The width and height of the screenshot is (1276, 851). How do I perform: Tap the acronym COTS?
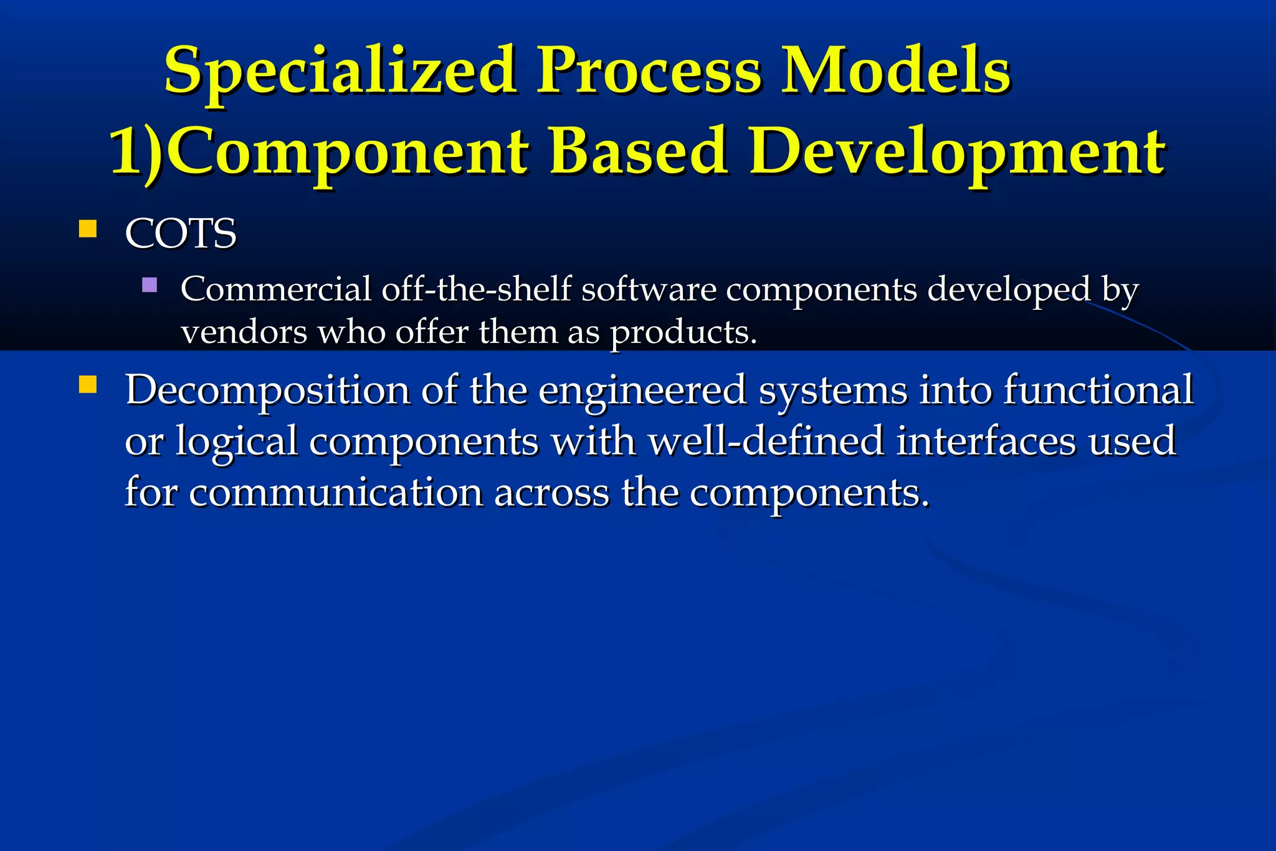pos(181,234)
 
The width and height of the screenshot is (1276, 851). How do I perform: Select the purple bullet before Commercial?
pos(150,286)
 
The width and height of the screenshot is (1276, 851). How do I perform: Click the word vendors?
pos(244,332)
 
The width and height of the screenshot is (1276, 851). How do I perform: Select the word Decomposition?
pos(267,391)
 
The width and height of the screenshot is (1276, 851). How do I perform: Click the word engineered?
pos(642,391)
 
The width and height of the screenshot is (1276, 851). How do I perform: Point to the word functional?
pos(1098,390)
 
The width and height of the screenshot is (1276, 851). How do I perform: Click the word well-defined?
pos(766,441)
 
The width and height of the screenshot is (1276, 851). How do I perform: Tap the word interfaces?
pos(986,441)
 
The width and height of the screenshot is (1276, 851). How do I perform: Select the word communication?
pos(336,493)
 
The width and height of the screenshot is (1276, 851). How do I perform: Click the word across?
pos(551,493)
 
